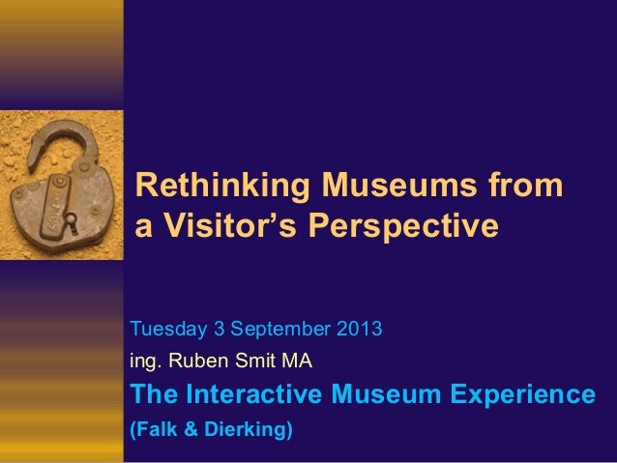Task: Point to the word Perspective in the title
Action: [x=403, y=226]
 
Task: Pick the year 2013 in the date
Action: [x=361, y=331]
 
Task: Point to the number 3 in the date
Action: [x=214, y=331]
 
